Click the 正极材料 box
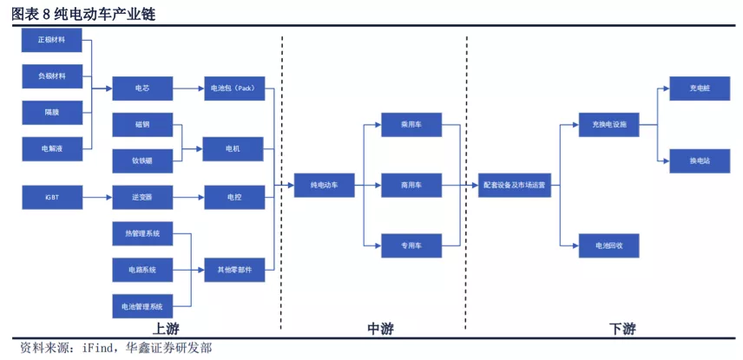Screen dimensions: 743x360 (x=52, y=40)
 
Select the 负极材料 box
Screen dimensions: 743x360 (x=52, y=76)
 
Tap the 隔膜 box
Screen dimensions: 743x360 (x=52, y=113)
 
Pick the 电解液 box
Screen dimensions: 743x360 (x=52, y=149)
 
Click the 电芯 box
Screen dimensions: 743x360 (x=142, y=88)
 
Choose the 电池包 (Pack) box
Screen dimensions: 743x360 (x=234, y=88)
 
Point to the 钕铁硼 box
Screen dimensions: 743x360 (x=142, y=161)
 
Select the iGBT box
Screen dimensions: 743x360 (x=52, y=198)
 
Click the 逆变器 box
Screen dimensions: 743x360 (x=142, y=198)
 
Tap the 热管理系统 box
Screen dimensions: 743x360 (x=142, y=233)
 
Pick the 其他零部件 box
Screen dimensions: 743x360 (x=234, y=270)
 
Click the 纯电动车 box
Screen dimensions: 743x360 (x=324, y=186)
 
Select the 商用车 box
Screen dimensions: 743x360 (x=411, y=186)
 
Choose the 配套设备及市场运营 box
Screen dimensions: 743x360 (x=515, y=186)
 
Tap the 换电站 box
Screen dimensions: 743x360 (x=700, y=161)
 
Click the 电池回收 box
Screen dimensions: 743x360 (x=609, y=245)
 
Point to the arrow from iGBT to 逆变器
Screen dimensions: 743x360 (x=97, y=198)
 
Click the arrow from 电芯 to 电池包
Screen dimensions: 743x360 (x=188, y=88)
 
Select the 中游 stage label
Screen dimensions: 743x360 (x=380, y=329)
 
